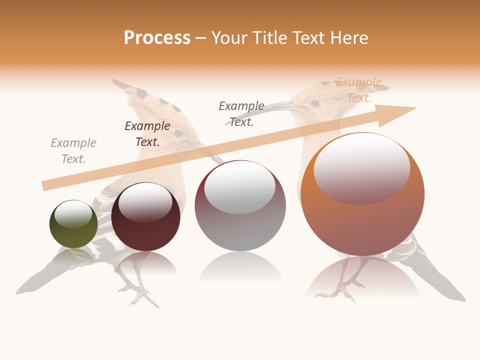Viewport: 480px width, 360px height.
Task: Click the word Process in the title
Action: pyautogui.click(x=157, y=38)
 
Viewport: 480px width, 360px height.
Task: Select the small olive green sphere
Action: pyautogui.click(x=73, y=224)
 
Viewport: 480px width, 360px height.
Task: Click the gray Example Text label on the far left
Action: pyautogui.click(x=73, y=151)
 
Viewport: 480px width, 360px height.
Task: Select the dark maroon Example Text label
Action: pyautogui.click(x=147, y=134)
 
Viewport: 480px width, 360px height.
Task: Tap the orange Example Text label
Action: pyautogui.click(x=358, y=90)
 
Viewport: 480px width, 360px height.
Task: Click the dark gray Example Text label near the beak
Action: pyautogui.click(x=241, y=113)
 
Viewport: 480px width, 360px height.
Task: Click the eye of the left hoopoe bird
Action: pyautogui.click(x=177, y=133)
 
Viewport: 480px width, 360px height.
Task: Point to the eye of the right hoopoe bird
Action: pyautogui.click(x=315, y=103)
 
